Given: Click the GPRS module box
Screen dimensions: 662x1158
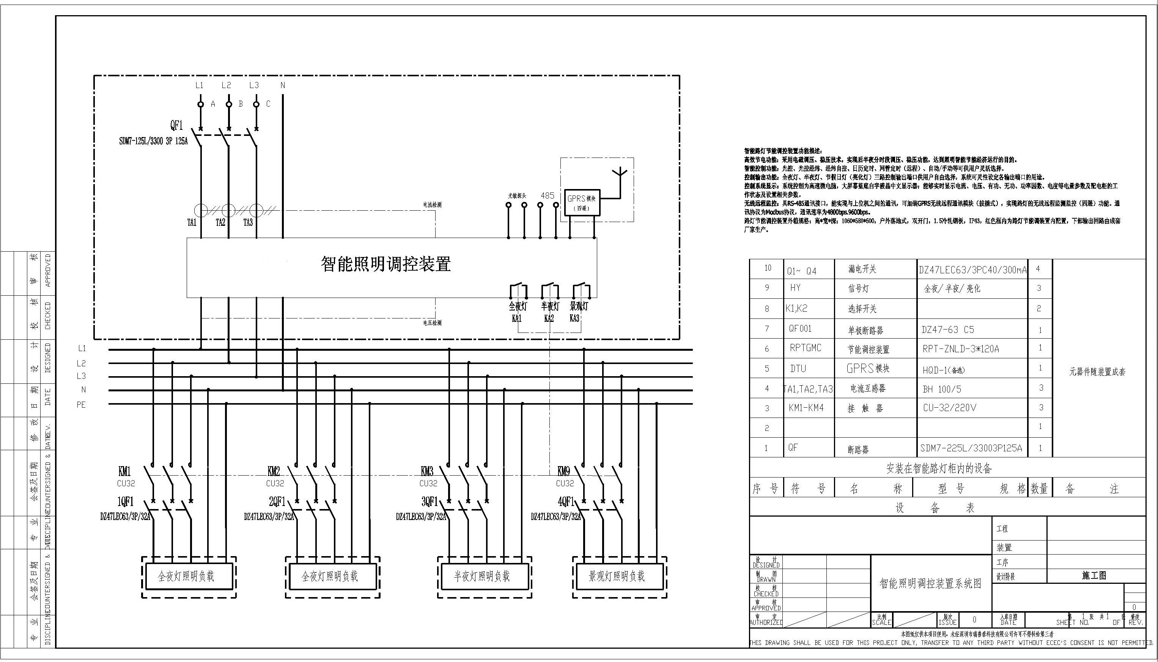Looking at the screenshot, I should (582, 202).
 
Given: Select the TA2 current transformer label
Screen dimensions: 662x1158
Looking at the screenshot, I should (220, 223).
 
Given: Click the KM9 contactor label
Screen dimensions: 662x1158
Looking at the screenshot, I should (563, 471).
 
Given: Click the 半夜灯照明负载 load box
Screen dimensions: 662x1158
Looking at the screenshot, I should (485, 577).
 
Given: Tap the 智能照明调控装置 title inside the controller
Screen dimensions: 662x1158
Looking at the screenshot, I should (386, 264).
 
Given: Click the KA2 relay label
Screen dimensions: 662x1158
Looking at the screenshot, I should (549, 318).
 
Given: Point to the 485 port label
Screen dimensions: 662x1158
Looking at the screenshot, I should (547, 195).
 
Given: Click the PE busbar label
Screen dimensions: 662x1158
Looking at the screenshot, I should (81, 405).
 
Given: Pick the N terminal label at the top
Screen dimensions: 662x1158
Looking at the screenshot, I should (283, 85).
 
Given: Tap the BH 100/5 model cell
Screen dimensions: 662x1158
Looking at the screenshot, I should (942, 389).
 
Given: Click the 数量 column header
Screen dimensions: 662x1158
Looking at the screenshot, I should (1039, 489).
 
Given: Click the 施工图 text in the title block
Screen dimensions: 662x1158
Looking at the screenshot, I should (1094, 575).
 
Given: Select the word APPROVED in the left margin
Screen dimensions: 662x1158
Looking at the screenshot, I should (48, 271).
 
